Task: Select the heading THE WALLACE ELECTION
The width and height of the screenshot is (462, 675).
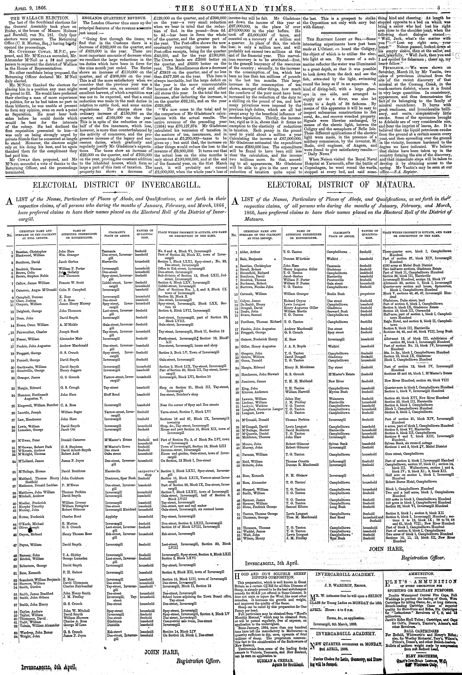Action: point(38,18)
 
